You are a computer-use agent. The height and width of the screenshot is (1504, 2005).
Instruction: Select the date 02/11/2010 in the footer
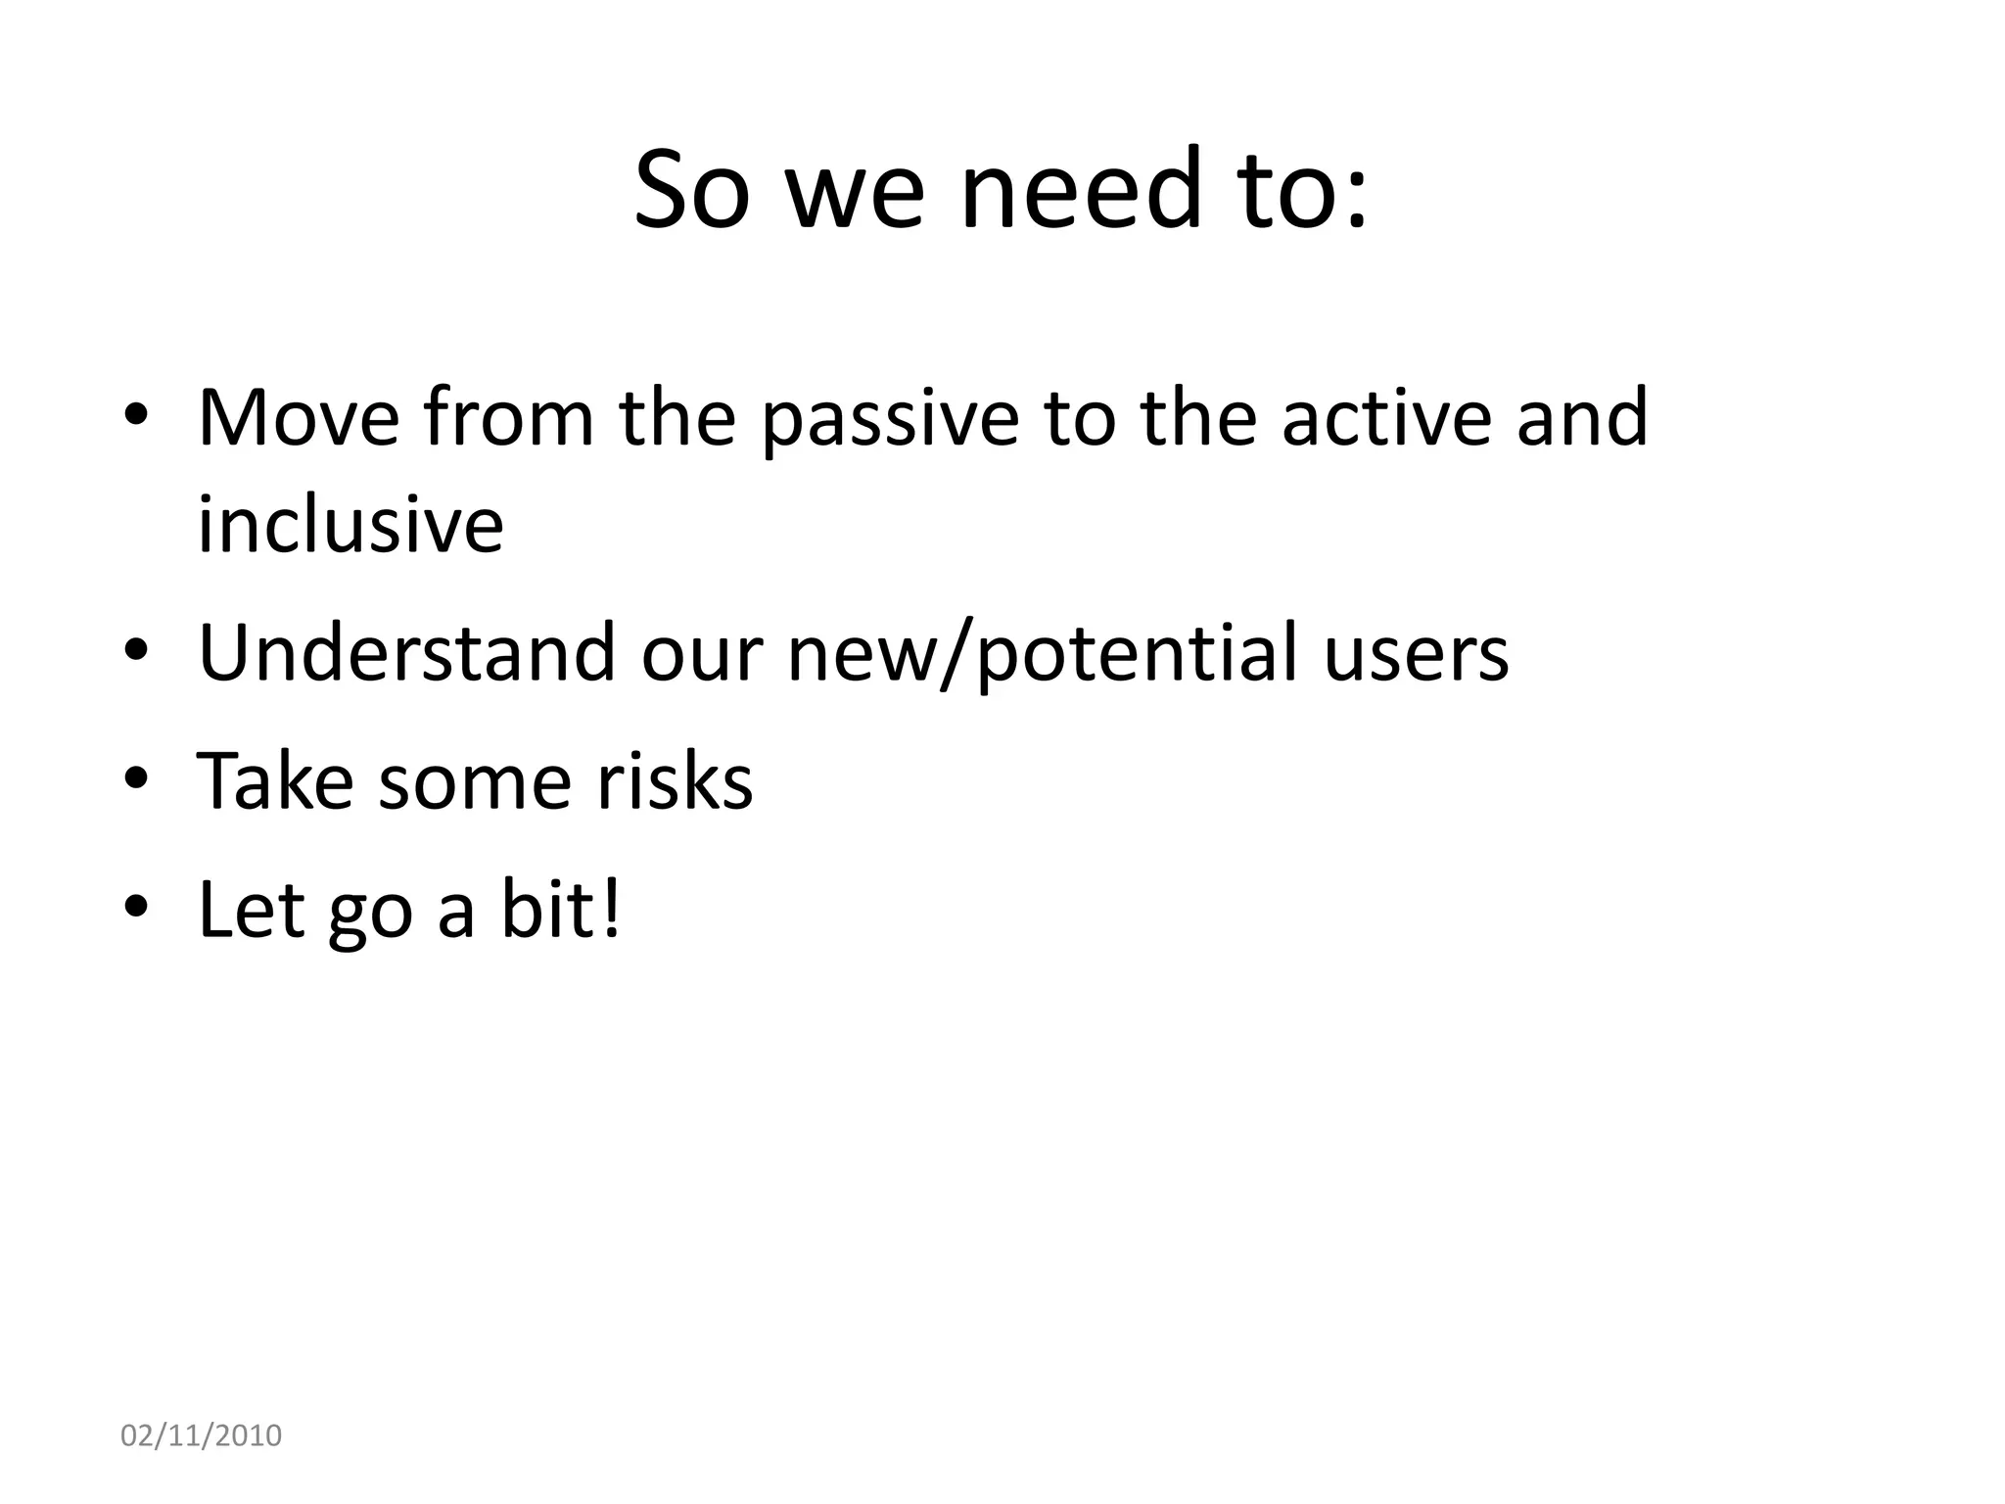(x=201, y=1435)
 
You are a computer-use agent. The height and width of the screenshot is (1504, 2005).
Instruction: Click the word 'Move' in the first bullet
(x=299, y=418)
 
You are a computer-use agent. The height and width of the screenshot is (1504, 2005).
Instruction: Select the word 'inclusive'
(x=350, y=525)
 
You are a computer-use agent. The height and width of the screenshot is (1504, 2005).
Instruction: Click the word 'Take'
(x=275, y=780)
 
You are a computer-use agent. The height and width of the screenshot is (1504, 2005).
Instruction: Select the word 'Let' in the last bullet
(x=249, y=909)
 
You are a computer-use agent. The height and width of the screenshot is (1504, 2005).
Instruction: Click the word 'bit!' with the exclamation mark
(x=561, y=909)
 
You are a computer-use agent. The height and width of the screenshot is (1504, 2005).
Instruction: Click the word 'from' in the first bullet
(x=509, y=418)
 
